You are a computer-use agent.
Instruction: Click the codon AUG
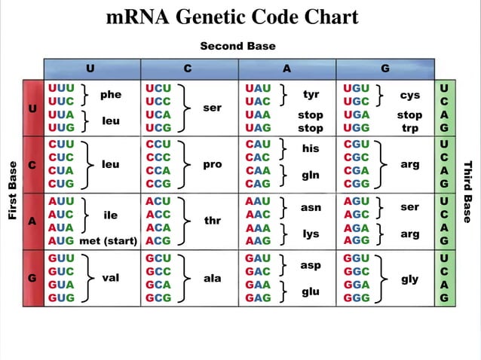click(x=61, y=241)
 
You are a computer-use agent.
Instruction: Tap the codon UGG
click(x=356, y=129)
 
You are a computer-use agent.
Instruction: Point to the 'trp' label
click(x=409, y=129)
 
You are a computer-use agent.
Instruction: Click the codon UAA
click(x=258, y=115)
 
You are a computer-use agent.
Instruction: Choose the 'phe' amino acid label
click(x=111, y=95)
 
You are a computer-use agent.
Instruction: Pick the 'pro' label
click(x=213, y=164)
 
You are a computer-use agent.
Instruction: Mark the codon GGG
click(x=356, y=298)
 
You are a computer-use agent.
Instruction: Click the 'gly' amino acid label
click(x=409, y=279)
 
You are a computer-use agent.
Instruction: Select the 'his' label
click(x=311, y=149)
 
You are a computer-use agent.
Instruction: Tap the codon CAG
click(x=258, y=184)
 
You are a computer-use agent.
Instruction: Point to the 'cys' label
click(x=409, y=95)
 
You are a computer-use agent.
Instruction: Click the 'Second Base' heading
click(x=237, y=46)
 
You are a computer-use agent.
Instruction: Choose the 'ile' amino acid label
click(x=110, y=215)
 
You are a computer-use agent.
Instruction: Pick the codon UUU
click(x=61, y=88)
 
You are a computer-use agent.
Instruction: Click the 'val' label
click(x=111, y=278)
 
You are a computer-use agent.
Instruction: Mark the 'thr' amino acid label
click(x=213, y=221)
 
